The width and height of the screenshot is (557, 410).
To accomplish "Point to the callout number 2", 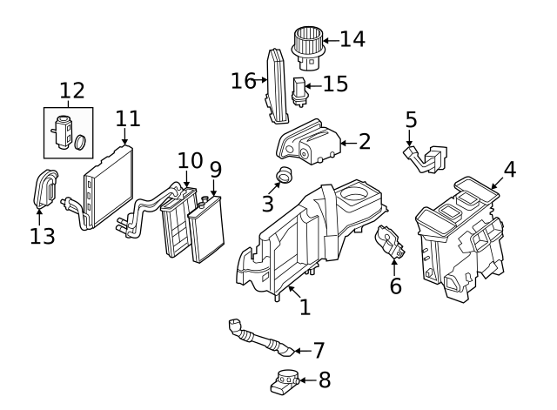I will click(x=364, y=140).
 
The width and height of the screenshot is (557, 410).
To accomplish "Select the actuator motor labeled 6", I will click(x=391, y=245).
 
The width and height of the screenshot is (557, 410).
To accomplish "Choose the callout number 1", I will click(x=305, y=307).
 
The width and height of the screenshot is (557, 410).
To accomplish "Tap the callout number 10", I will click(x=190, y=160).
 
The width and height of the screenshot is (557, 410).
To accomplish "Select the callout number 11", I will click(x=127, y=118).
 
